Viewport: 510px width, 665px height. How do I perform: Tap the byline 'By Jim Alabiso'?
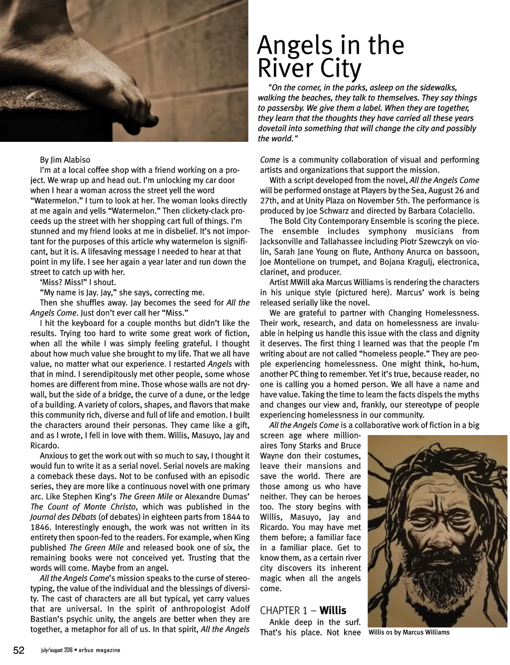click(x=65, y=160)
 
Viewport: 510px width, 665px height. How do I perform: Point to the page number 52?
click(x=19, y=651)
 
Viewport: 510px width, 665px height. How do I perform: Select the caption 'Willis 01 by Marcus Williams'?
click(x=409, y=632)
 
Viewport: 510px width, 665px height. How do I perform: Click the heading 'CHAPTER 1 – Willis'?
click(x=303, y=610)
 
